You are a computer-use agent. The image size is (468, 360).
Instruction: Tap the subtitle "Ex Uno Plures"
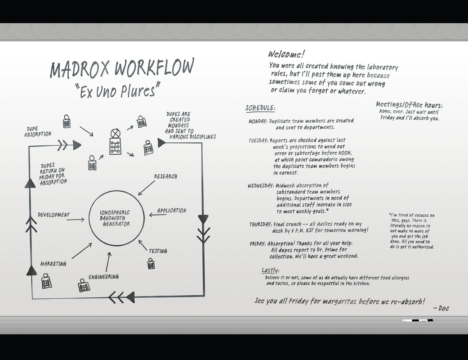[118, 90]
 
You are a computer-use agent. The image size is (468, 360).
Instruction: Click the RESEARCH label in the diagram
[165, 176]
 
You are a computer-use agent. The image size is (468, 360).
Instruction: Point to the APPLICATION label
[172, 210]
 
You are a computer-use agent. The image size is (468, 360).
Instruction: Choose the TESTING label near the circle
[158, 251]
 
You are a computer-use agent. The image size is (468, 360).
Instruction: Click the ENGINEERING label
[103, 277]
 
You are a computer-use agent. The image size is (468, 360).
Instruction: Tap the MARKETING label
[53, 264]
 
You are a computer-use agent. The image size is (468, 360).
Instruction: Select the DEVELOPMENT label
[54, 215]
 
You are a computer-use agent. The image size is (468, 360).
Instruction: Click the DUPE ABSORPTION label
[38, 131]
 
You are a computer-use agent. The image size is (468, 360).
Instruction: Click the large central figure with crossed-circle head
[115, 142]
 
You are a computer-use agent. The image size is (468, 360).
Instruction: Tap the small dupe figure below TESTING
[151, 264]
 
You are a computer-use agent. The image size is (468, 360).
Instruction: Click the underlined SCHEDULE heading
[260, 108]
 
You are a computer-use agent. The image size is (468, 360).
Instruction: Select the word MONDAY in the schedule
[258, 121]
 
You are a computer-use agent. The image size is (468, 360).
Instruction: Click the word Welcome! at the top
[286, 54]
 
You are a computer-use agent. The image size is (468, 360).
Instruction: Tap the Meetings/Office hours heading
[409, 104]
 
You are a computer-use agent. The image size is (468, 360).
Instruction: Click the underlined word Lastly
[270, 270]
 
